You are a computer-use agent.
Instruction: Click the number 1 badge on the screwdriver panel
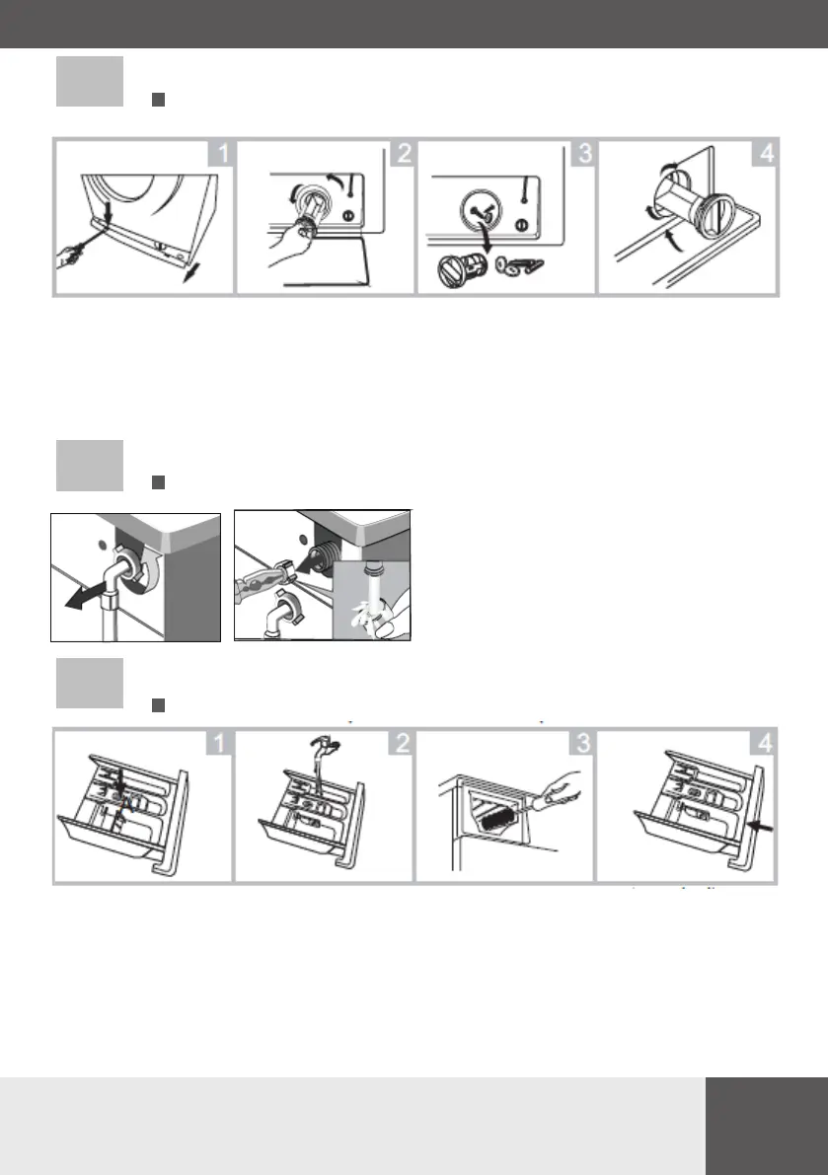tap(221, 154)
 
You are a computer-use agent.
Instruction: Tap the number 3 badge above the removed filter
tap(583, 154)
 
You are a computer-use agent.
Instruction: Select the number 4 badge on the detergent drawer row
tap(764, 743)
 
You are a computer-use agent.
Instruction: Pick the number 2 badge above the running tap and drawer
tap(402, 743)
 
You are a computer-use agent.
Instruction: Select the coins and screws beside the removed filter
tap(519, 266)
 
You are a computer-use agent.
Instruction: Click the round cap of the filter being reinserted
tap(717, 216)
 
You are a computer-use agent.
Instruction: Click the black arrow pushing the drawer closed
tap(761, 826)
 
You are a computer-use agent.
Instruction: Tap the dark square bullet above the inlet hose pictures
tap(158, 482)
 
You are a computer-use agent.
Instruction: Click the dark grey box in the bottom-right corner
tap(767, 1127)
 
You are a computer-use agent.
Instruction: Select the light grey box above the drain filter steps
tap(90, 81)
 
